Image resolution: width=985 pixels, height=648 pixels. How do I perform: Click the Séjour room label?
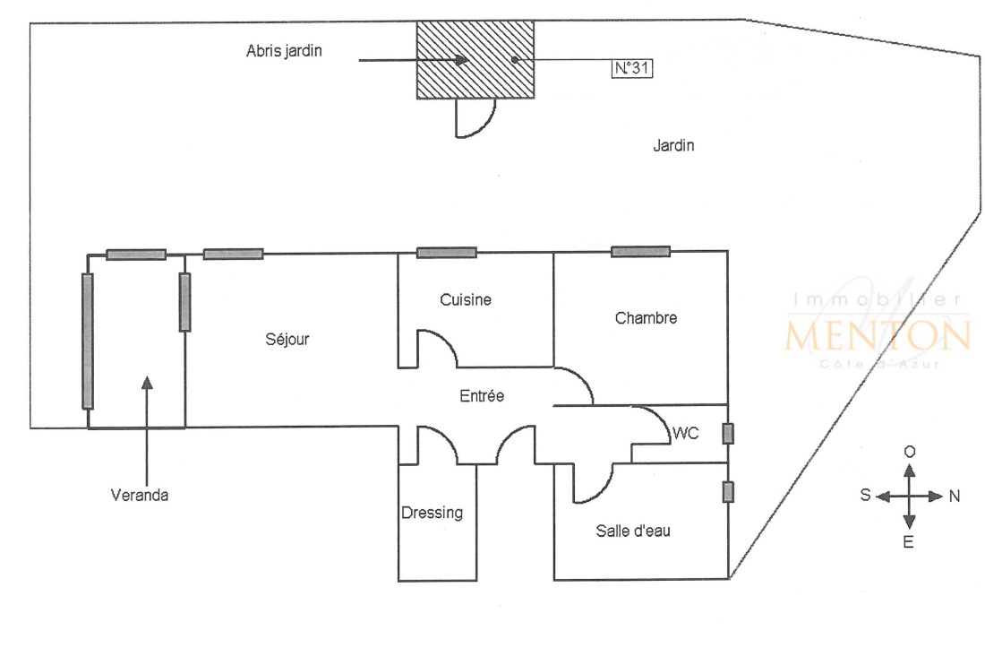(287, 340)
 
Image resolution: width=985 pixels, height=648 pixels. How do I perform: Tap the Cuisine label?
(466, 300)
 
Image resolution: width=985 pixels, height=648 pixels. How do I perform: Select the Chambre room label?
(646, 318)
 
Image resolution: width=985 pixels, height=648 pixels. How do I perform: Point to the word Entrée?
(482, 396)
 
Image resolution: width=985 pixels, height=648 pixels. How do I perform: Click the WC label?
(685, 433)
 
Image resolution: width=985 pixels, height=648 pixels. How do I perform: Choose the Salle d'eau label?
(632, 531)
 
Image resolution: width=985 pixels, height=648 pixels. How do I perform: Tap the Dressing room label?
(433, 513)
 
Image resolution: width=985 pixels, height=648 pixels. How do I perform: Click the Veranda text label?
(140, 496)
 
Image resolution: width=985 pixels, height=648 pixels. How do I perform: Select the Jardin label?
(673, 145)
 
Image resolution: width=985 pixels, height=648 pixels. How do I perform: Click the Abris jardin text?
(284, 51)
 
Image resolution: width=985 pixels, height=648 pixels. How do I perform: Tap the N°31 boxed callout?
(632, 68)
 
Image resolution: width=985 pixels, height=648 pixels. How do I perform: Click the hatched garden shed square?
(475, 60)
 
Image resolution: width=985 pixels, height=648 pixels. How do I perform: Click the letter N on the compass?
(955, 497)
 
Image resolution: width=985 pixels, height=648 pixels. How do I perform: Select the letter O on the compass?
(910, 452)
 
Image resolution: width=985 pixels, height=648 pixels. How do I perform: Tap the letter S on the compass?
(866, 496)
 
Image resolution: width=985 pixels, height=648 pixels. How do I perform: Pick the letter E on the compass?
(908, 541)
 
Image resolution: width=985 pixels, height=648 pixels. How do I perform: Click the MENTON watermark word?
(878, 335)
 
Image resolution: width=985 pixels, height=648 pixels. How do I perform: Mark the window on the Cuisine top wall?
(447, 253)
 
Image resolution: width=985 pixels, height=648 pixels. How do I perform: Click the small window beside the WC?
(728, 434)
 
